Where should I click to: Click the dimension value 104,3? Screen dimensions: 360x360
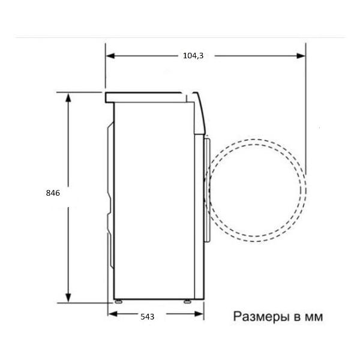193,56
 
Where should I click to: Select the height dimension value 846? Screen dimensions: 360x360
53,193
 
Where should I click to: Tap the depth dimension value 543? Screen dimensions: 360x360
148,317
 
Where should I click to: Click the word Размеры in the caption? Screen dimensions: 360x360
262,317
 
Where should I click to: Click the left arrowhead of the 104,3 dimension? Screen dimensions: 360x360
110,56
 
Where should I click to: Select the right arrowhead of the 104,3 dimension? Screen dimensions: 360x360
301,56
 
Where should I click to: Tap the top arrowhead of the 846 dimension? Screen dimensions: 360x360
68,97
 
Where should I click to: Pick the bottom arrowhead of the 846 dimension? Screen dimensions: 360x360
68,298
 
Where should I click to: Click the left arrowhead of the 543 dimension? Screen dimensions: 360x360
113,314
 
